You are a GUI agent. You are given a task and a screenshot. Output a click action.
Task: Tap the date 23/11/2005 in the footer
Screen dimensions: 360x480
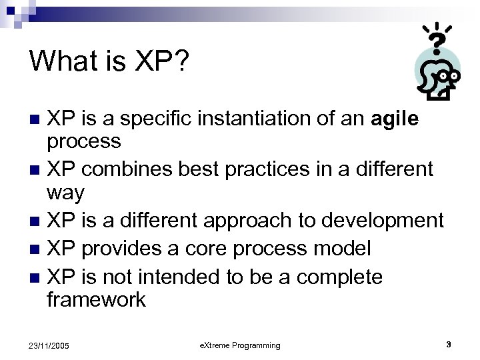[x=47, y=345]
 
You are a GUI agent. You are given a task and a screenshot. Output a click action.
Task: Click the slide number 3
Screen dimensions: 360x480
[x=448, y=344]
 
